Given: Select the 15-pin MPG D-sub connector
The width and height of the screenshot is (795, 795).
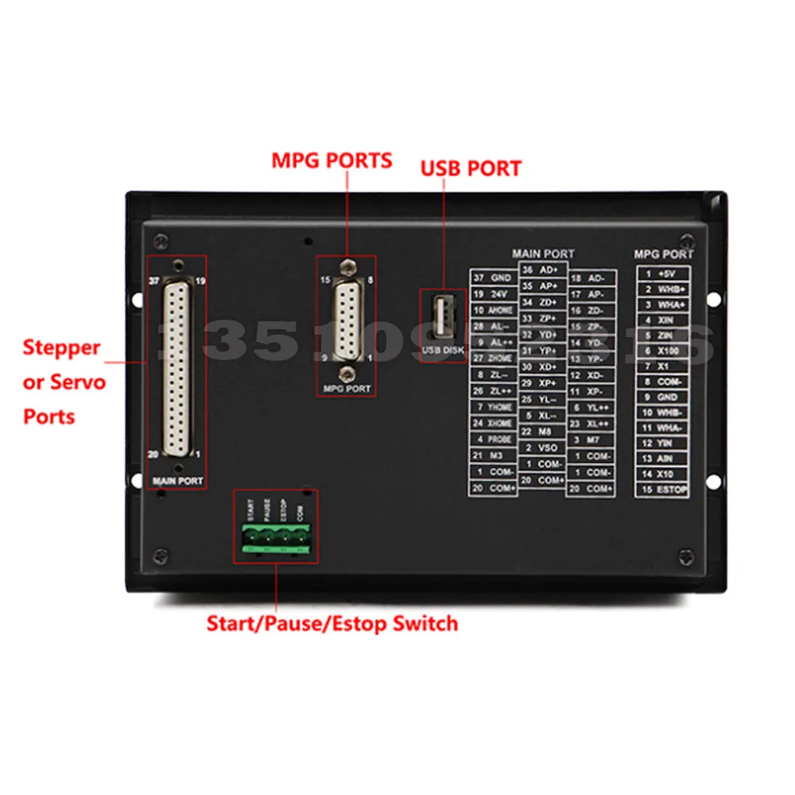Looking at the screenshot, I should (346, 320).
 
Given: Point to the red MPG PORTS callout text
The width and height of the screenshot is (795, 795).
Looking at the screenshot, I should (332, 161).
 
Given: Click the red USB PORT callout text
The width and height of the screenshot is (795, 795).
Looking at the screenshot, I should (471, 169).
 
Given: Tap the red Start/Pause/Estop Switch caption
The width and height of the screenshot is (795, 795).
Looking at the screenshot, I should (332, 623).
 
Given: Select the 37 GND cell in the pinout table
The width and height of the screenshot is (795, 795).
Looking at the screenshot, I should (493, 278).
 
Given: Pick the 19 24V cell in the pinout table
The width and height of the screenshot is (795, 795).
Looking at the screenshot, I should (493, 294).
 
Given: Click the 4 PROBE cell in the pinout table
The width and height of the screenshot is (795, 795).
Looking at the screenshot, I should (493, 439).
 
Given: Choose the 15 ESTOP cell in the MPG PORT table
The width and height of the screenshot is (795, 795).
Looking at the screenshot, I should (662, 490).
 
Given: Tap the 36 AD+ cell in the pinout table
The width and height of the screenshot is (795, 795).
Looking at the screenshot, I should (541, 270).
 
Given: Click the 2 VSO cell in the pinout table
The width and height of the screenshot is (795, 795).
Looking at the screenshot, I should (541, 447).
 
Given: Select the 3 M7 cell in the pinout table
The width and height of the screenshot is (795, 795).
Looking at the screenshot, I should (591, 440).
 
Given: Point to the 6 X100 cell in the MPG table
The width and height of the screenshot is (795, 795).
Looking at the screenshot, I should (662, 351).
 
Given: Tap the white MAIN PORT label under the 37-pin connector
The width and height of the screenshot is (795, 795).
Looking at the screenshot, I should (177, 481).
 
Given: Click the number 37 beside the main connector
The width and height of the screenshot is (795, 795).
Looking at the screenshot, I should (154, 281).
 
